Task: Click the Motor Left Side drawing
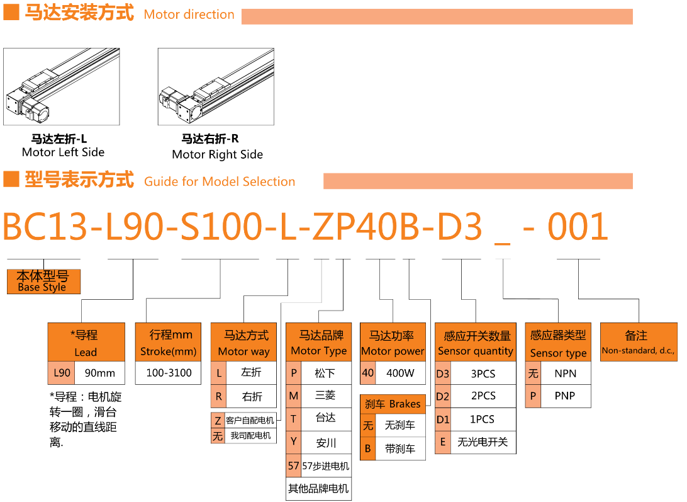coord(62,86)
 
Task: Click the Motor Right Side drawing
coord(216,86)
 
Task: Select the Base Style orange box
coord(44,282)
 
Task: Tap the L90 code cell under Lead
coord(62,373)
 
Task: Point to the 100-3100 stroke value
coord(169,373)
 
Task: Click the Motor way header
coord(243,342)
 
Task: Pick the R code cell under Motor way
coord(218,396)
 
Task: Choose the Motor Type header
coord(318,342)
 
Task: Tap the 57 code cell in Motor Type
coord(293,465)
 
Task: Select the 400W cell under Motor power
coord(400,373)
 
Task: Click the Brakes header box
coord(393,404)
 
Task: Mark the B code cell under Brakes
coord(367,448)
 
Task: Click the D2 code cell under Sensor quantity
coord(442,396)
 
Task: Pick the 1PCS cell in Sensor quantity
coord(483,419)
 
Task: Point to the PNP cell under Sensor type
coord(565,396)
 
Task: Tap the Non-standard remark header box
coord(639,342)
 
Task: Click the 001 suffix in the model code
coord(578,226)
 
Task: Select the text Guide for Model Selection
coord(220,181)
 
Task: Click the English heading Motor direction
coord(189,14)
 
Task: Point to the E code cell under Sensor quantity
coord(442,442)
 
